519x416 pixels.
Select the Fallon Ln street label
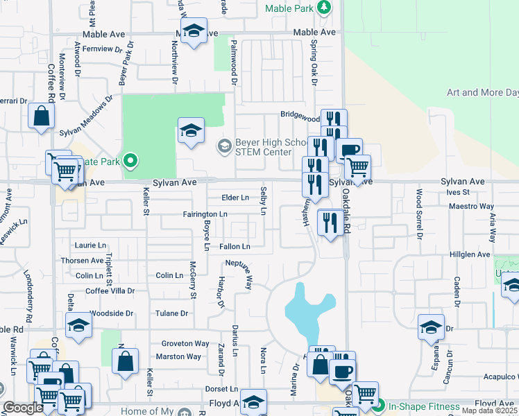coord(234,246)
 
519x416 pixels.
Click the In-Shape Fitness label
coord(423,406)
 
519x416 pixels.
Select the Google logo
coord(23,408)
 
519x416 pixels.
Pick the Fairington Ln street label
coord(205,215)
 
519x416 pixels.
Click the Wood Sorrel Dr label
coord(419,212)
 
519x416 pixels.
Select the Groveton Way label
coord(185,344)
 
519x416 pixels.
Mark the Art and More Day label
coord(482,92)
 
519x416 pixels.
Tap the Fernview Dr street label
coord(102,49)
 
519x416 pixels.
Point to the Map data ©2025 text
coord(489,410)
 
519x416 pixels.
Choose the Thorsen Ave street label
coord(82,261)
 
